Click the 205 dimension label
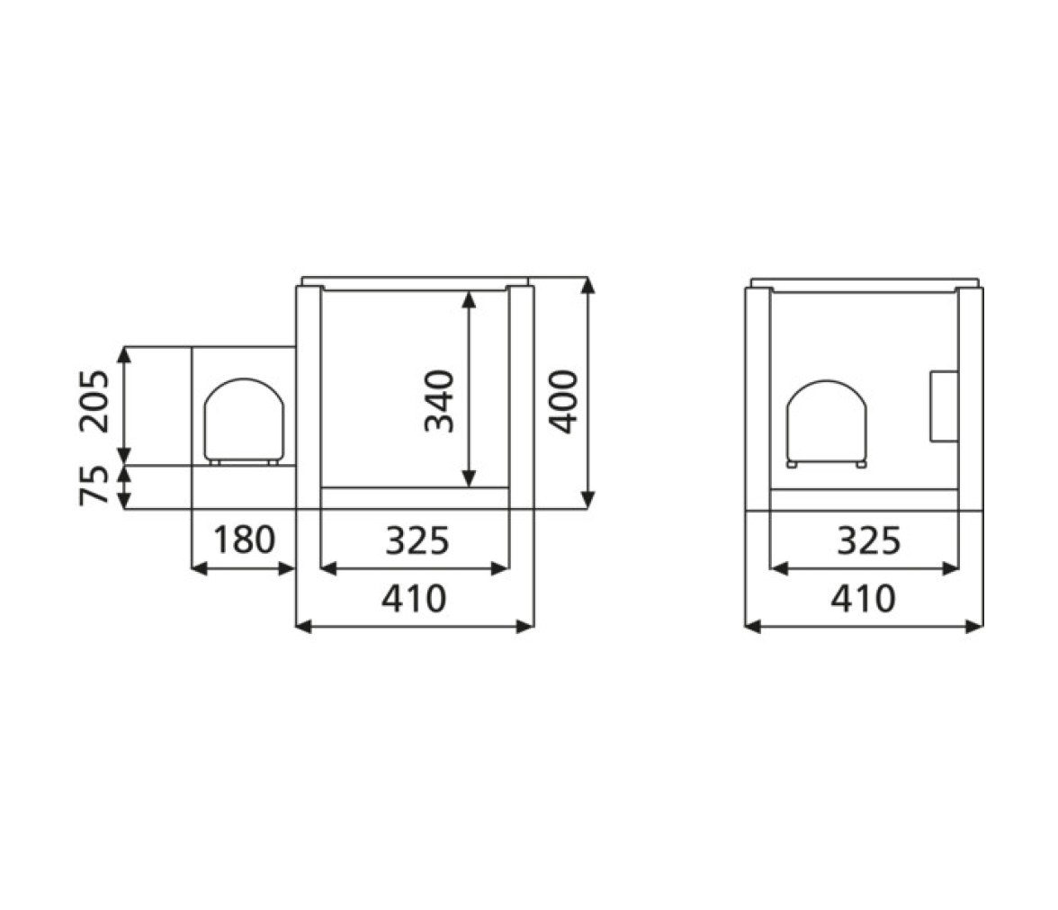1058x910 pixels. pyautogui.click(x=94, y=401)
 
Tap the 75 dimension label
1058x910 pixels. pyautogui.click(x=94, y=485)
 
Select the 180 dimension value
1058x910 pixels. pyautogui.click(x=245, y=540)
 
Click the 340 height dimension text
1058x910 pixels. pyautogui.click(x=439, y=401)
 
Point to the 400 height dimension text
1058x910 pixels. pyautogui.click(x=563, y=401)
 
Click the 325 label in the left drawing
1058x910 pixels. pyautogui.click(x=417, y=540)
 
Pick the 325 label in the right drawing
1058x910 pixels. pyautogui.click(x=868, y=540)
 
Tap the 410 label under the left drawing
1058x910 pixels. pyautogui.click(x=414, y=598)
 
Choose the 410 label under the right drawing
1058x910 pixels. pyautogui.click(x=863, y=598)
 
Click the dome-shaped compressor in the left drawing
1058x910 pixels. pyautogui.click(x=245, y=420)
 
